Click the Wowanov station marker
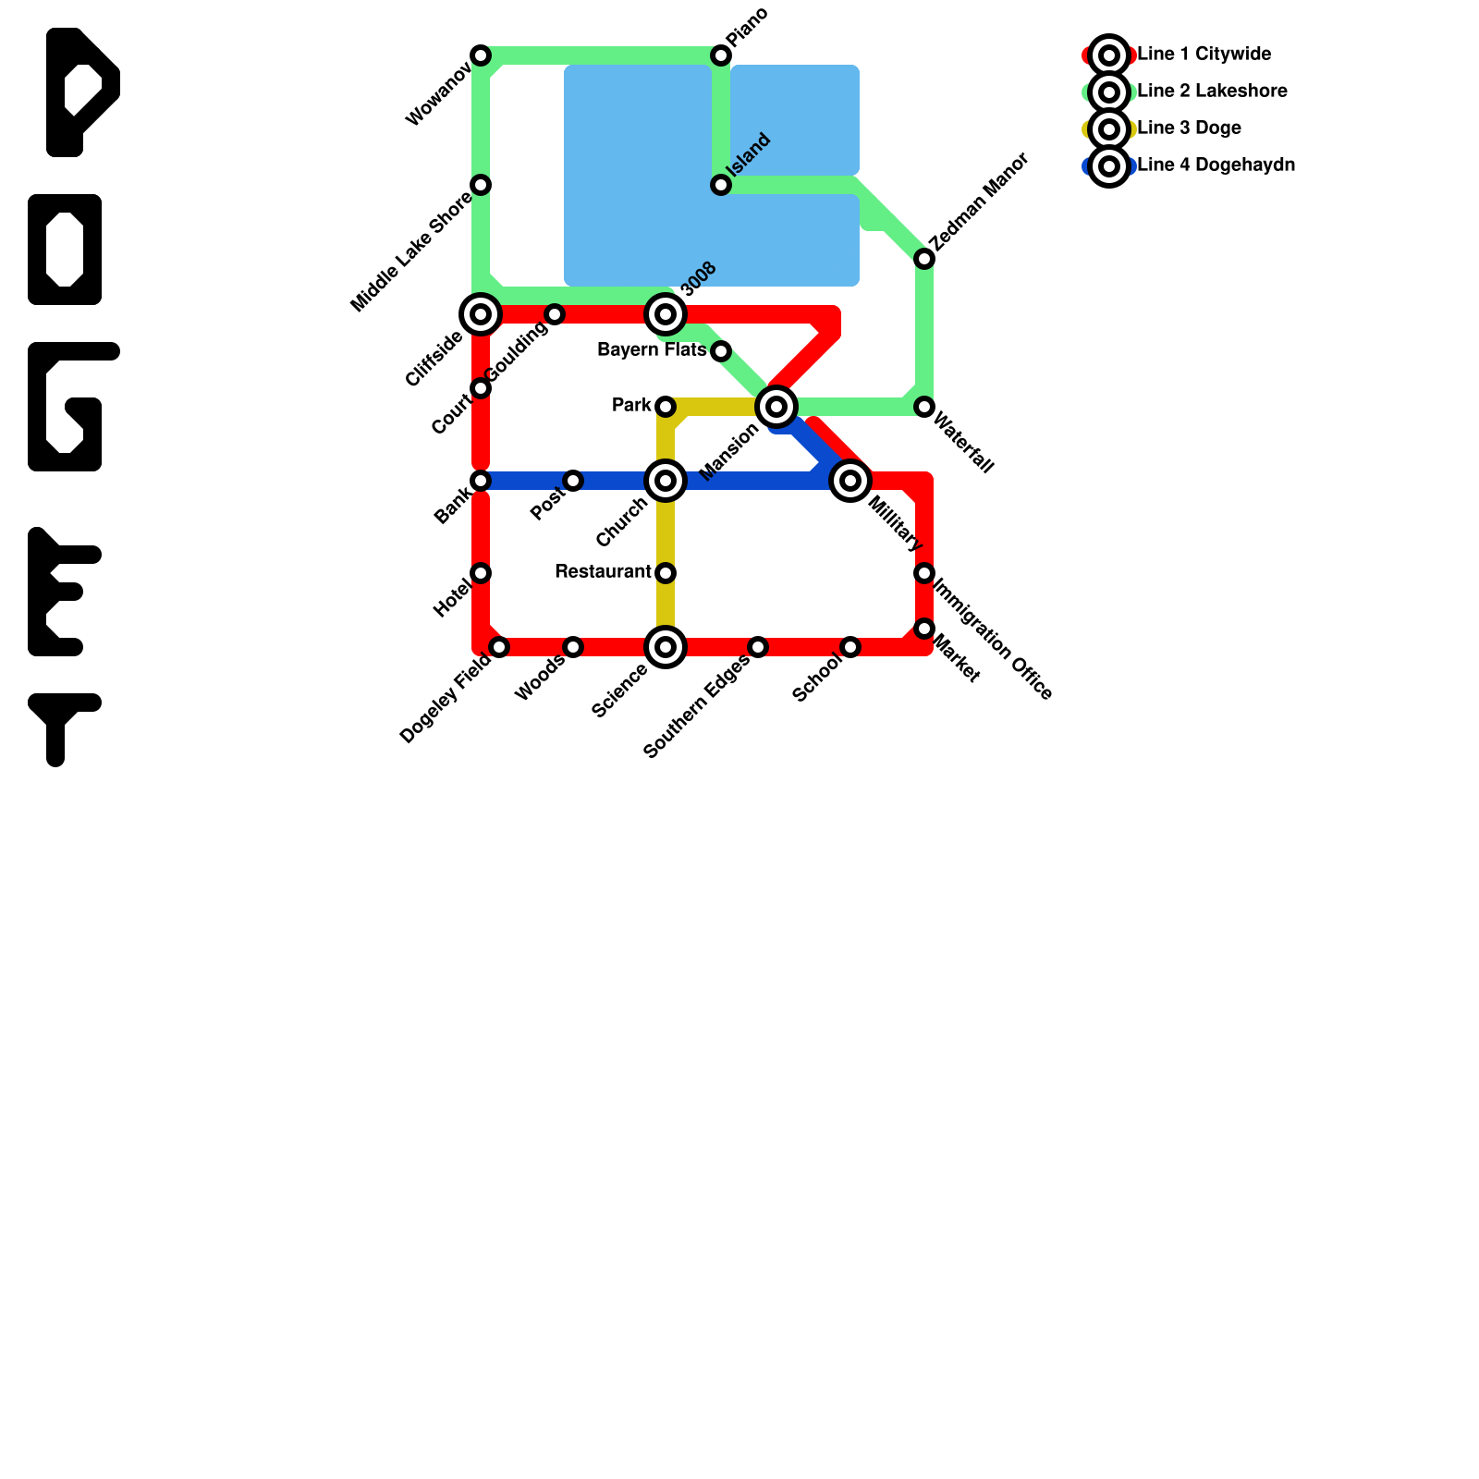coord(481,55)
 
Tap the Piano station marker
coord(721,55)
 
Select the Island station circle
coord(721,185)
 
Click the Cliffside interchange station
coord(481,314)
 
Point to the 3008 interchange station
coord(666,314)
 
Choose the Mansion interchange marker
coord(776,407)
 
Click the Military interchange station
coord(850,481)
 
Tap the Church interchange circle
coord(666,481)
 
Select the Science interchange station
coord(666,647)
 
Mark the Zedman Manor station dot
coord(924,259)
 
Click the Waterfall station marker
coord(924,407)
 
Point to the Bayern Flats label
coord(652,350)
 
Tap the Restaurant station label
coord(603,572)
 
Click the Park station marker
coord(666,407)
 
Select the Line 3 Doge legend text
coord(1189,128)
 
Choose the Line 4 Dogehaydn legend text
coord(1216,165)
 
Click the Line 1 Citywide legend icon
coord(1109,55)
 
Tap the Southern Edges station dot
coord(758,647)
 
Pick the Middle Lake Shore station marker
coord(481,185)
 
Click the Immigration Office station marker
coord(924,573)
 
